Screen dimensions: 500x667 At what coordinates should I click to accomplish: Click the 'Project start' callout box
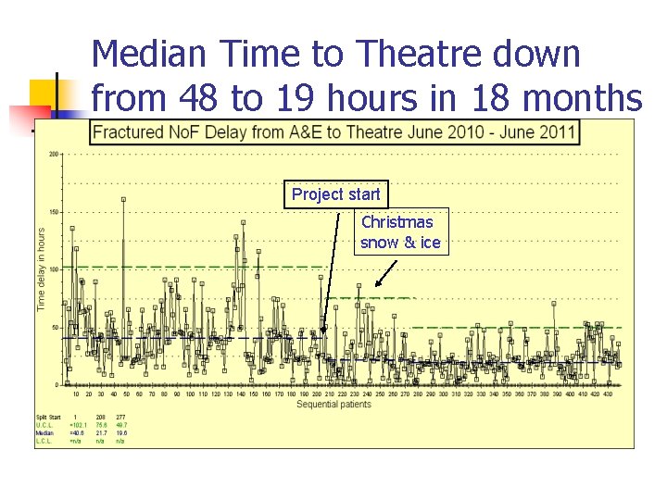pos(335,194)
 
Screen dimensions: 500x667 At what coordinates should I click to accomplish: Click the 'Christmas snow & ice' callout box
pos(400,232)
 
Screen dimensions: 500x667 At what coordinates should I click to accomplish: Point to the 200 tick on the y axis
pos(54,154)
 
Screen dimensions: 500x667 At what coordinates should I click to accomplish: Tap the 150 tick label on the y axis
pos(54,212)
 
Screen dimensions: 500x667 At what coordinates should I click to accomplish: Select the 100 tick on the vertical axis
pos(54,269)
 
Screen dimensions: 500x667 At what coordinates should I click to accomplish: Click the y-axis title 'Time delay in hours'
pos(41,269)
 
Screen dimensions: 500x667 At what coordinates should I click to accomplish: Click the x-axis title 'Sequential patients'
pos(334,405)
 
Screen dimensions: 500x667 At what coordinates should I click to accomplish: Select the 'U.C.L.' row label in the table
pos(44,425)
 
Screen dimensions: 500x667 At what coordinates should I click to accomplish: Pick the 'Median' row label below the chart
pos(44,432)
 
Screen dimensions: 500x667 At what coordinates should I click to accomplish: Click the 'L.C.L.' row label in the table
pos(44,441)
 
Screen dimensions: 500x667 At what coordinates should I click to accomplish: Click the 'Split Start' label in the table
pos(48,418)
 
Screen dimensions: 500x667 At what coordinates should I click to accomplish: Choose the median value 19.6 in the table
pos(120,432)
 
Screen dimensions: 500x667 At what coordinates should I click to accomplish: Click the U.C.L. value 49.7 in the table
pos(120,425)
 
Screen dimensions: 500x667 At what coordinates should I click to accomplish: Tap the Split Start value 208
pos(100,418)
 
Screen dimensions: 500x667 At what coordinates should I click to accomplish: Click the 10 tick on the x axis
pos(76,394)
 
